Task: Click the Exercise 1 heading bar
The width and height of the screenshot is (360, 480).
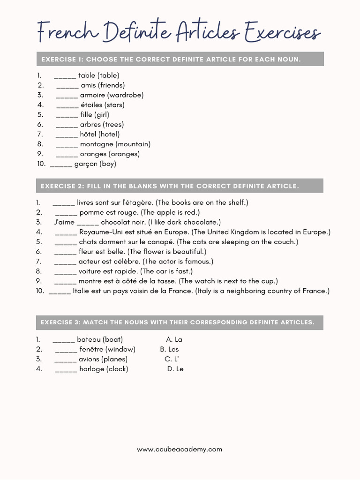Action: [180, 59]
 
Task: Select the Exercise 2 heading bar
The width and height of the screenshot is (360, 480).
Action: [180, 186]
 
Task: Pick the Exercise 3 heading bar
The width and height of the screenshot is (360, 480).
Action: [180, 322]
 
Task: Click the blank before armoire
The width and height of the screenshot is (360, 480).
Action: [67, 95]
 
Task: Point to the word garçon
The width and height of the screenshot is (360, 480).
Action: [86, 164]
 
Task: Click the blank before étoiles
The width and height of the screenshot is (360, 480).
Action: [67, 105]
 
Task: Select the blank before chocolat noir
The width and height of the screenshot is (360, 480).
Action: [88, 222]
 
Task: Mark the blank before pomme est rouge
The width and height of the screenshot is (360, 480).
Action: [66, 212]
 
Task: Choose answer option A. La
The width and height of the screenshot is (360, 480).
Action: [174, 339]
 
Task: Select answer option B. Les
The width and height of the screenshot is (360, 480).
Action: [169, 349]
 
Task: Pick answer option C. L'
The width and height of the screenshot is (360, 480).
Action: [172, 359]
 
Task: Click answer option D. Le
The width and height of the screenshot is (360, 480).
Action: [175, 369]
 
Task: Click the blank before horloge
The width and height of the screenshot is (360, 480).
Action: [66, 369]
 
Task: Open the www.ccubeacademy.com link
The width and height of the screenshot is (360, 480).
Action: [180, 449]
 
